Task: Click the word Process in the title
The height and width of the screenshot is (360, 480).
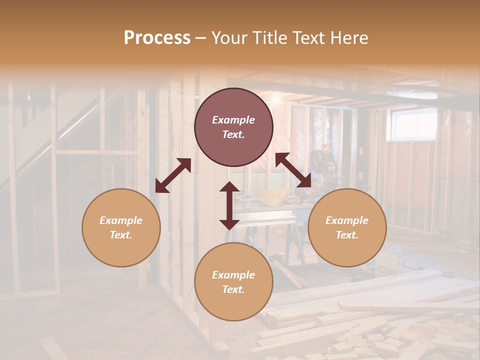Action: (x=157, y=38)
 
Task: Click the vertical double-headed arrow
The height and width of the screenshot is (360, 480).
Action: (x=229, y=205)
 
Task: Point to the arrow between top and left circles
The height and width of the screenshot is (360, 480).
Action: (x=173, y=175)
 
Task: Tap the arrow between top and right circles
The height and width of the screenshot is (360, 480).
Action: (x=293, y=170)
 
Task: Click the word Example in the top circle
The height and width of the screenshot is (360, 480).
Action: (x=233, y=120)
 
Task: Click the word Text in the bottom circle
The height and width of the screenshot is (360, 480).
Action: (x=232, y=289)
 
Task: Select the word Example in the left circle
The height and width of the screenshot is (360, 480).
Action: (x=121, y=220)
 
